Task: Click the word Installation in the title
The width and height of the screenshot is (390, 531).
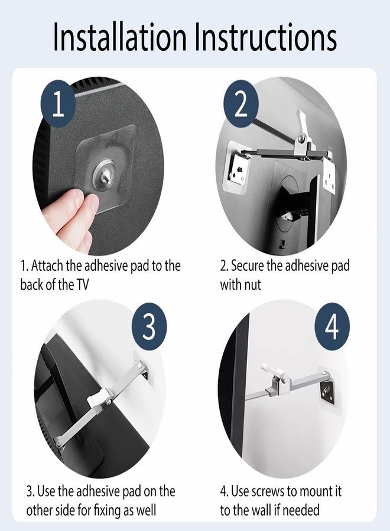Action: coord(120,36)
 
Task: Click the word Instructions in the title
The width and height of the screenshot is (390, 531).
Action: coord(266,36)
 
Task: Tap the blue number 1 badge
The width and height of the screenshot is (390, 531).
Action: coord(58,104)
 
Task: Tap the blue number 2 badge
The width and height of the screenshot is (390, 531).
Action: coord(240,104)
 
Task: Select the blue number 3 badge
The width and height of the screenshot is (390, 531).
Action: coord(149,326)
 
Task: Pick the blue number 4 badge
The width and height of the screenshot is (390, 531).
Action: coord(331,326)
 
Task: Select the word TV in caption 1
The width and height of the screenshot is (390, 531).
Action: coord(82,284)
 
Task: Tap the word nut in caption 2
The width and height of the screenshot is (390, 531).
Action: coord(253,285)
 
